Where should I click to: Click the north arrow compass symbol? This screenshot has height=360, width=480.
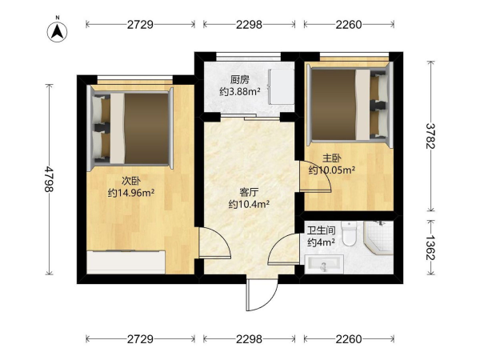coord(58,31)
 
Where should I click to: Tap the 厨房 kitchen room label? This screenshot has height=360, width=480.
coord(240,80)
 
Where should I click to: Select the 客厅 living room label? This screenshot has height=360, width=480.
coord(249,193)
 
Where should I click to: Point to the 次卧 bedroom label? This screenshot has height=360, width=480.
coord(131,182)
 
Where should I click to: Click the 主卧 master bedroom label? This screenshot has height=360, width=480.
coord(332,158)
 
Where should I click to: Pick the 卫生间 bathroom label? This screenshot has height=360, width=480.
coord(321,230)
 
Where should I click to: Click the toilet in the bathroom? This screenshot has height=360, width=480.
coord(349,234)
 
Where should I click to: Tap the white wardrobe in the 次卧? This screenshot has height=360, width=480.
coord(126,262)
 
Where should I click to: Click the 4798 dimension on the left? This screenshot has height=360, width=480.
coord(49,179)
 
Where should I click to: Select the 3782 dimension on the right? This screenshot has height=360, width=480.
coord(430,136)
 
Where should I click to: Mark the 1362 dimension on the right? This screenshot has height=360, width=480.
coord(430,247)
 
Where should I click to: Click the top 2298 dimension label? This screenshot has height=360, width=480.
coord(249,24)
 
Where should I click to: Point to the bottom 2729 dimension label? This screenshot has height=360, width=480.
coord(140,339)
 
